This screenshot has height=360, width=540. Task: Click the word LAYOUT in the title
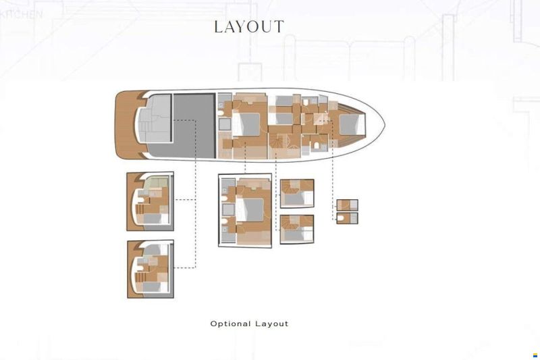pos(249,26)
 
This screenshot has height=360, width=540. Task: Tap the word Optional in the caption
pos(230,324)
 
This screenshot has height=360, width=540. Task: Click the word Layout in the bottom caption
pos(272,324)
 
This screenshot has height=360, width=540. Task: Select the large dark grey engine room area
pos(194,125)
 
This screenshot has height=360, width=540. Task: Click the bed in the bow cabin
pos(352,124)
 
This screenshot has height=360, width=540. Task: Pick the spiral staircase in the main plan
pos(277,141)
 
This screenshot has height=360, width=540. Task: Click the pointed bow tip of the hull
pos(384,124)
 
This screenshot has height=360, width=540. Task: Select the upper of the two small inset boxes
pos(347,205)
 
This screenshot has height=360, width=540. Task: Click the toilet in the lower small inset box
pos(341,218)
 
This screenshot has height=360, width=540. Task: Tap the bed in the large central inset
pos(250,210)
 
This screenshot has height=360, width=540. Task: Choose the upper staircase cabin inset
pos(297,193)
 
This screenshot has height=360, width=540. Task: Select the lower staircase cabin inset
pos(297,230)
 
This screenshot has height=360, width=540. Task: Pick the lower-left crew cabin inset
pos(151,269)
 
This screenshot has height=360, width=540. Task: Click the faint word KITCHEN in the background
pos(22,14)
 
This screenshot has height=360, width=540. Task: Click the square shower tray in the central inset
pos(228,210)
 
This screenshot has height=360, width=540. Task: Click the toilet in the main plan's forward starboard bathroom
pos(317,145)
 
